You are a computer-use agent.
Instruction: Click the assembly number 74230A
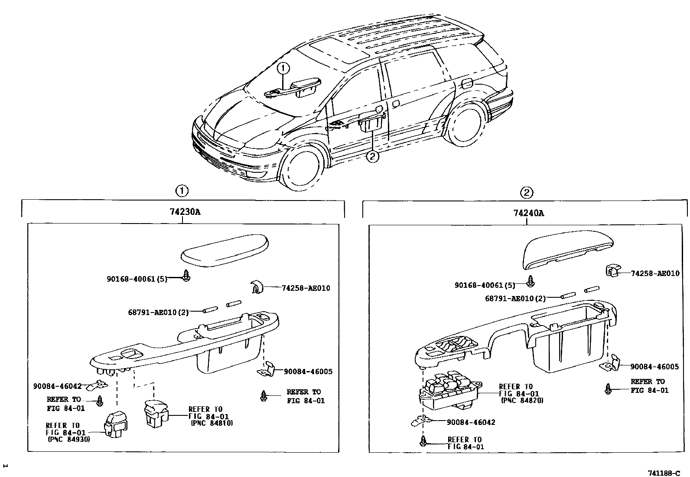click(185, 212)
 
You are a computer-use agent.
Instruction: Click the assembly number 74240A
click(528, 213)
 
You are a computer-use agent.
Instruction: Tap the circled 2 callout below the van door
click(373, 156)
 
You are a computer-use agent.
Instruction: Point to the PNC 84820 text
click(522, 401)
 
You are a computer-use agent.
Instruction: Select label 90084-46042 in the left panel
click(57, 386)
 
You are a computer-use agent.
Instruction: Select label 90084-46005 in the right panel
click(654, 367)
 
